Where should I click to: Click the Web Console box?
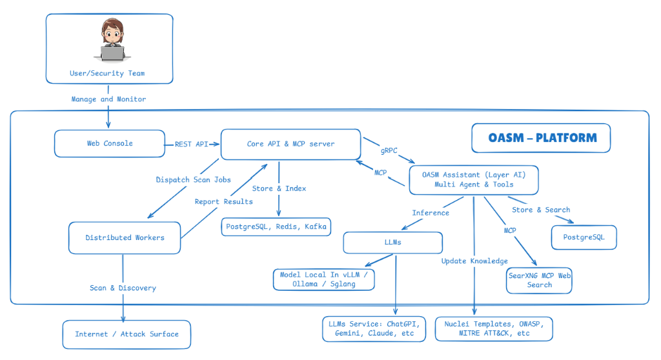click(x=110, y=143)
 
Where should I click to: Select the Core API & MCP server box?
click(x=290, y=144)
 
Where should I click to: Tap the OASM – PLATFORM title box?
click(x=540, y=137)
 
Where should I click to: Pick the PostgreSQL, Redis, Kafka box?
click(x=276, y=226)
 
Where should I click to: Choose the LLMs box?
click(x=392, y=243)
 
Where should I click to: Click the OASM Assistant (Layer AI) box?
click(x=473, y=179)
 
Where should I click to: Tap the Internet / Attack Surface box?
click(x=127, y=334)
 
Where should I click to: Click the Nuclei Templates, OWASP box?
click(x=494, y=328)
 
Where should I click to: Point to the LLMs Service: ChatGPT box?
click(x=374, y=328)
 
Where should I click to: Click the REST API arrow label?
click(x=191, y=144)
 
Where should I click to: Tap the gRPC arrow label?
click(x=389, y=150)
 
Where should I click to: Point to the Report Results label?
click(x=224, y=202)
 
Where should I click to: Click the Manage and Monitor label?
click(x=108, y=99)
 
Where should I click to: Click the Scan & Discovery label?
click(x=123, y=288)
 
